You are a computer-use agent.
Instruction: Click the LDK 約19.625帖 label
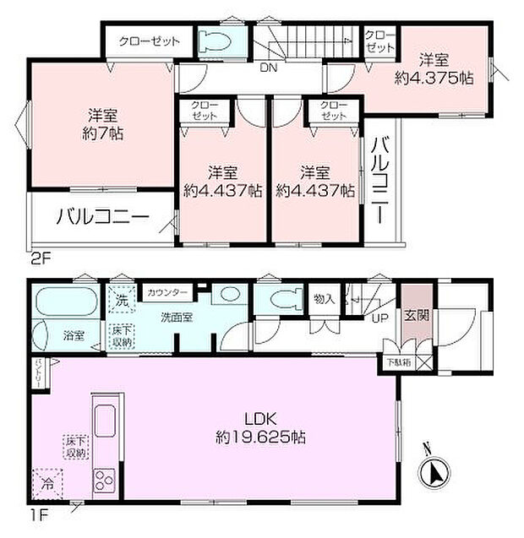point(259,429)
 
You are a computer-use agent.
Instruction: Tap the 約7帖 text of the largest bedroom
point(103,133)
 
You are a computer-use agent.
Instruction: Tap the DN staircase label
point(268,68)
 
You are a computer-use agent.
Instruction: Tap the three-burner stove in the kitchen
point(105,481)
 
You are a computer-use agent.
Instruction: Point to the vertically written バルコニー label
point(379,180)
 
